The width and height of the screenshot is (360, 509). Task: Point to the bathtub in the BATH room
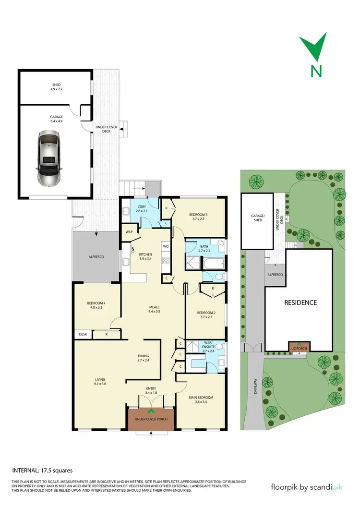click(210, 263)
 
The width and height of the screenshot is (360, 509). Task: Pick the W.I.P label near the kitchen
click(129, 232)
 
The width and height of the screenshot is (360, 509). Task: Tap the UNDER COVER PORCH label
click(151, 420)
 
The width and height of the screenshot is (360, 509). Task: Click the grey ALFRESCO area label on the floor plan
click(96, 257)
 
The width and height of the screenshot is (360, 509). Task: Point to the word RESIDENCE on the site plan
click(300, 303)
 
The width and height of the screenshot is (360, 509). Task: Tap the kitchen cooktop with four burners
click(166, 261)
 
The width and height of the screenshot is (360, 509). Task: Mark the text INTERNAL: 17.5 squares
click(42, 471)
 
